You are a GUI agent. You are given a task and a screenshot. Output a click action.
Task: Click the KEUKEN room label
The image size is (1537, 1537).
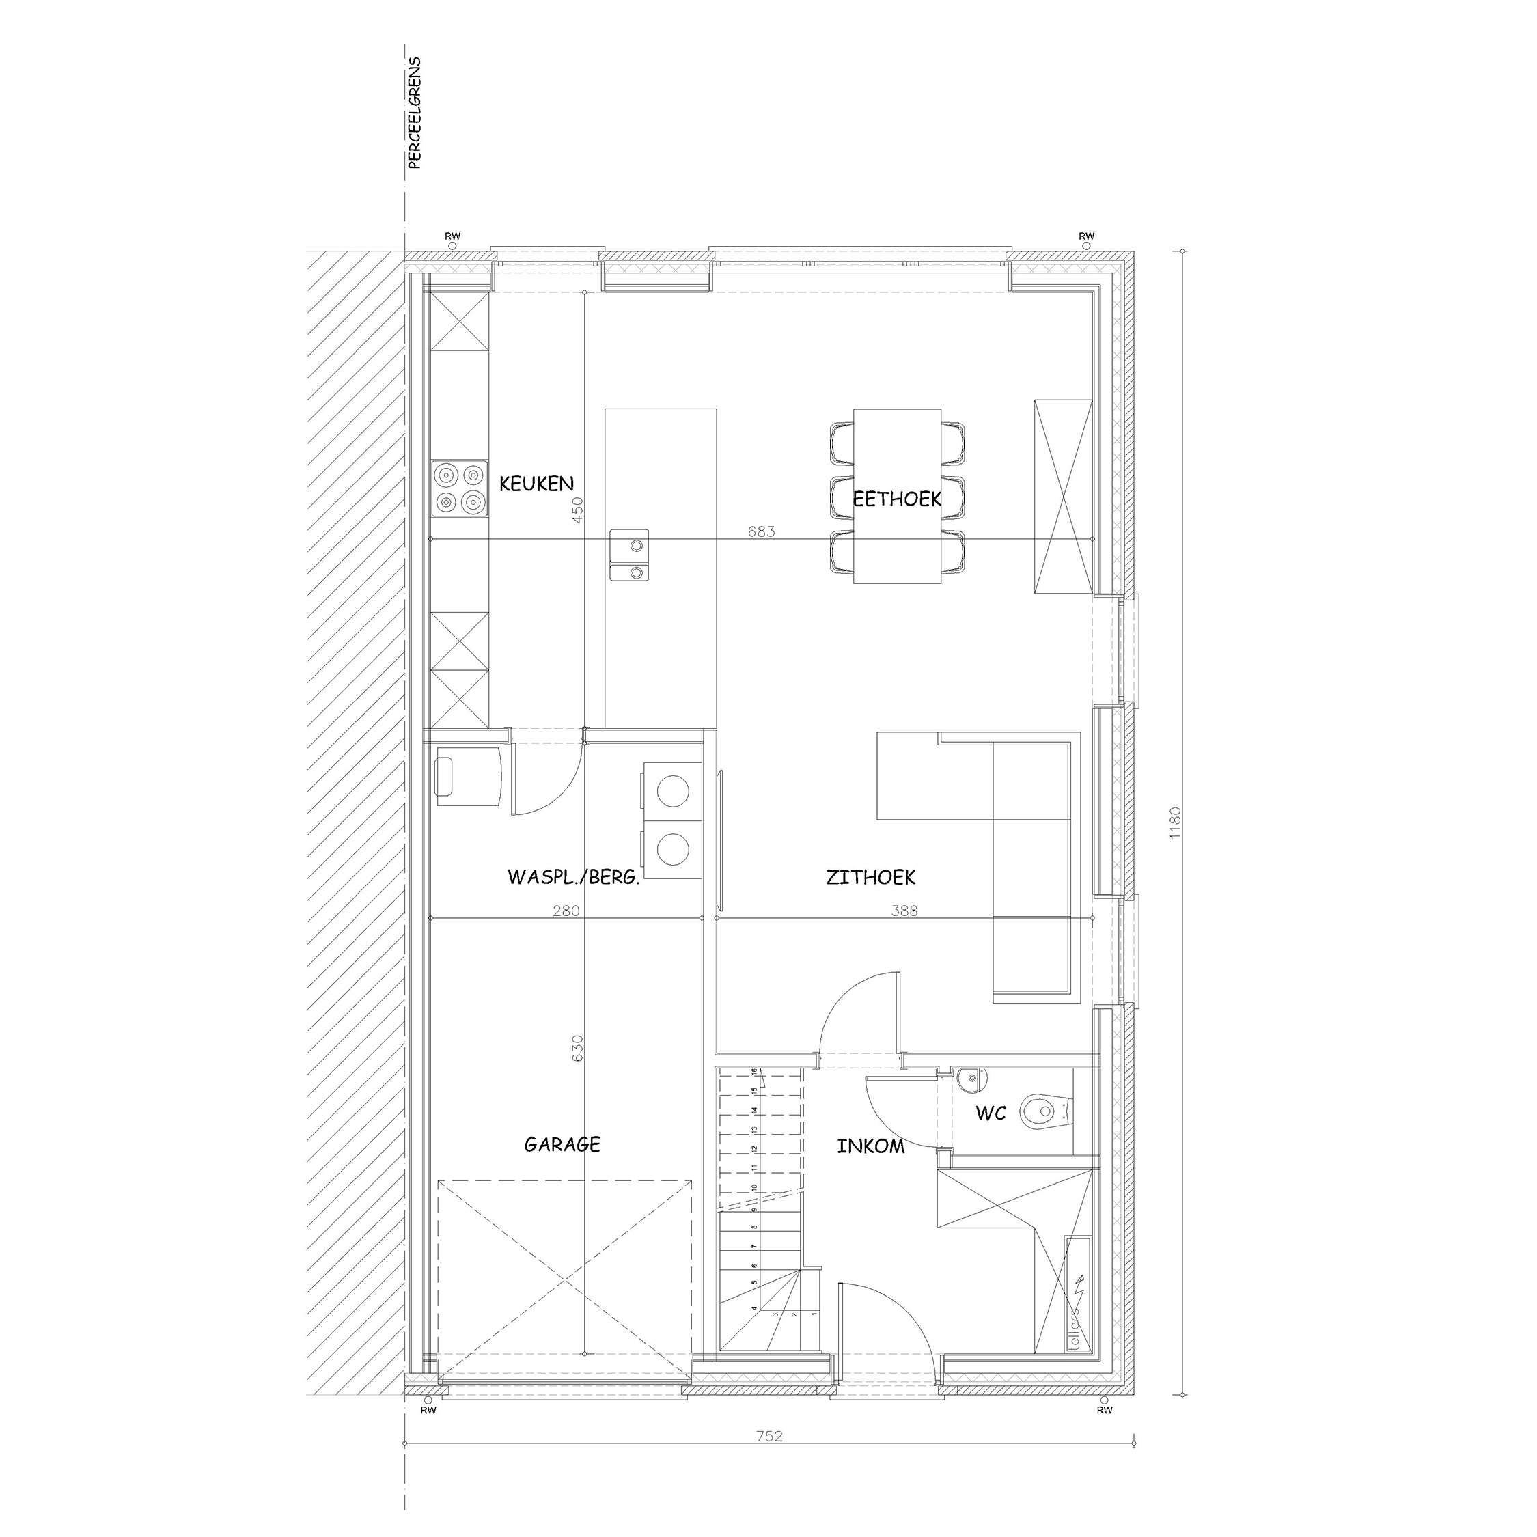[x=536, y=484]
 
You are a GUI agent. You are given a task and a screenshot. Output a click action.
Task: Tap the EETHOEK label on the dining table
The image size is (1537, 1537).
[x=896, y=499]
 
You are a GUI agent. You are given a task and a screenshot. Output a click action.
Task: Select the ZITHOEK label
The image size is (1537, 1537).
[x=870, y=878]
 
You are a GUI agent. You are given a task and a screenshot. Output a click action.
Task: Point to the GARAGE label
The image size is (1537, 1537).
[x=562, y=1145]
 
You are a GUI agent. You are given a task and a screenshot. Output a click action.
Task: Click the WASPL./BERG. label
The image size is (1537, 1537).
[x=574, y=878]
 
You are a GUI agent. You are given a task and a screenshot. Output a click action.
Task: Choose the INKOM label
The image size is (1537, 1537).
[x=870, y=1147]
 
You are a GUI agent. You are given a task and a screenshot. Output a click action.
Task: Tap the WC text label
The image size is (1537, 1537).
[x=991, y=1113]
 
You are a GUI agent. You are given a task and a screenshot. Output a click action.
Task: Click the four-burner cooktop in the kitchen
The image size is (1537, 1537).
[x=460, y=488]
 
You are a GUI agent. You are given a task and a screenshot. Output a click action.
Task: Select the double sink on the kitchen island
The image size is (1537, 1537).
[x=629, y=555]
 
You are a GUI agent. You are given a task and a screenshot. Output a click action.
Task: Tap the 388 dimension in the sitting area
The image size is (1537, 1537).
[x=904, y=911]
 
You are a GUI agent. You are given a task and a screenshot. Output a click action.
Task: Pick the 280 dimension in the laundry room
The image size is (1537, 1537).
[x=566, y=911]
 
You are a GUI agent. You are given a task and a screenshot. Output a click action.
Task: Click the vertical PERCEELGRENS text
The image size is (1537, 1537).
[x=414, y=113]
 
